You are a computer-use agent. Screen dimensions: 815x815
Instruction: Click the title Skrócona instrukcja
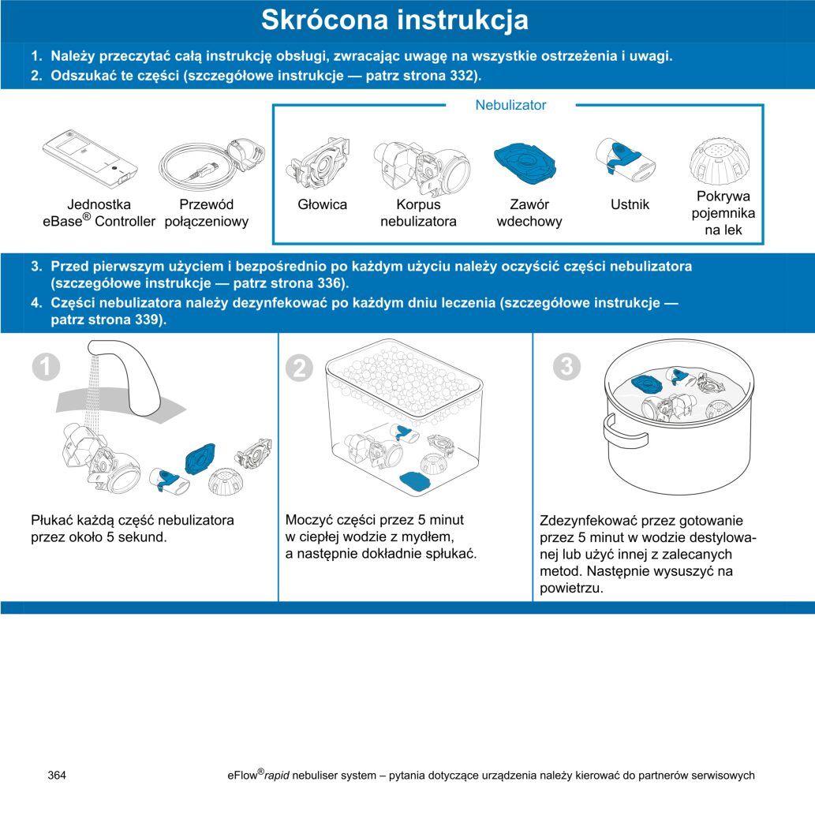[394, 21]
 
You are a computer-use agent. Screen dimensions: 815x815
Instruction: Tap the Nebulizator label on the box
[510, 105]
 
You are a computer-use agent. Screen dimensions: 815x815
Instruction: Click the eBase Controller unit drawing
[90, 159]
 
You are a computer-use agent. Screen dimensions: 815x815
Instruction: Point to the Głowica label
[322, 205]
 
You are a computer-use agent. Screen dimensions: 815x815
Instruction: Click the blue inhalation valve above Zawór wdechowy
[525, 164]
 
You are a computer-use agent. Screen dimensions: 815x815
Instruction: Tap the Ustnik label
[630, 205]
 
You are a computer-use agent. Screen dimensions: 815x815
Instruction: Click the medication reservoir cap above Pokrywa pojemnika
[720, 159]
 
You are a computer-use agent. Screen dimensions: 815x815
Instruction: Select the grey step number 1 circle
[46, 366]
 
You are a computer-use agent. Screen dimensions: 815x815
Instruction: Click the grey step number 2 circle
[299, 368]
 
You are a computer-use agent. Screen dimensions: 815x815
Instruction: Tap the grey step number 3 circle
[566, 366]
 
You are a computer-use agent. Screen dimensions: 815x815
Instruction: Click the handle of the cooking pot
[621, 432]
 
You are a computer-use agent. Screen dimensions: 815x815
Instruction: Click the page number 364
[57, 776]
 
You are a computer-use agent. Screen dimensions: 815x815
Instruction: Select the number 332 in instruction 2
[462, 76]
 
